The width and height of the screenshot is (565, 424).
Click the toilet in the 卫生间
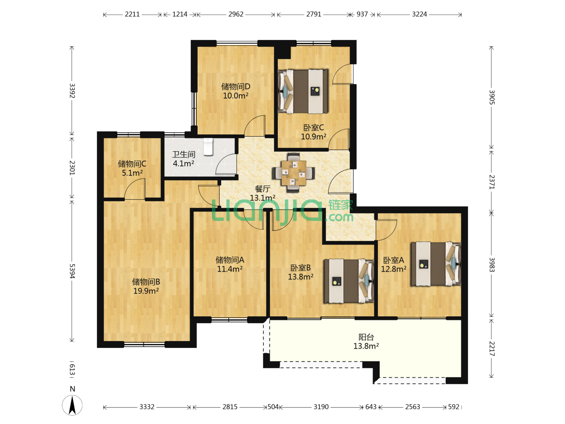click(x=208, y=147)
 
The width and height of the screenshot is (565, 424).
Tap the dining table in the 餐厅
click(x=293, y=173)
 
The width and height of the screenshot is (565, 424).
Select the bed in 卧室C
click(x=303, y=91)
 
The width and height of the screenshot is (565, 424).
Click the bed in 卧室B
click(x=349, y=281)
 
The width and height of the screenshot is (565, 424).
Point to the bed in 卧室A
click(x=436, y=263)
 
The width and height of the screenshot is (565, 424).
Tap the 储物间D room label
click(x=235, y=86)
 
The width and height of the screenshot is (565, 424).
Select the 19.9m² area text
click(x=146, y=291)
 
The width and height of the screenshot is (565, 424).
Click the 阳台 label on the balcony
click(x=366, y=337)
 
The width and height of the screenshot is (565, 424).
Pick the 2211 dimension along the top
click(x=132, y=14)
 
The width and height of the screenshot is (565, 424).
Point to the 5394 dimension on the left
click(x=72, y=271)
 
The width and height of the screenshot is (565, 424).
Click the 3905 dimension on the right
click(x=492, y=97)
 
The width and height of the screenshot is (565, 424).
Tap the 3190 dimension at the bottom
click(x=321, y=407)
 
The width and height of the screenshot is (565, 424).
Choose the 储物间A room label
click(x=230, y=260)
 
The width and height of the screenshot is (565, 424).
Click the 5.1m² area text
click(x=132, y=173)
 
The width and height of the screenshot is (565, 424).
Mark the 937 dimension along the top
click(x=362, y=14)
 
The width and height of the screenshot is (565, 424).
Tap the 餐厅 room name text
click(x=262, y=189)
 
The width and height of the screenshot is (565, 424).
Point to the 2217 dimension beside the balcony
click(x=492, y=349)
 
